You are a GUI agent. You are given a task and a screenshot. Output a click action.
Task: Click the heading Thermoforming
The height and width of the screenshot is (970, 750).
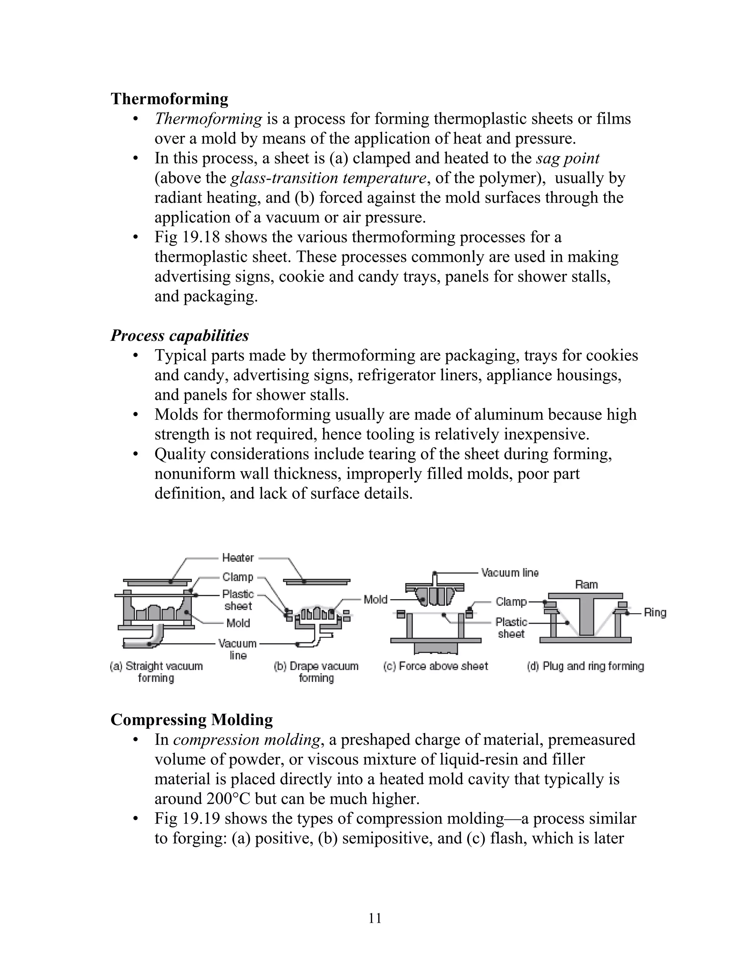click(169, 98)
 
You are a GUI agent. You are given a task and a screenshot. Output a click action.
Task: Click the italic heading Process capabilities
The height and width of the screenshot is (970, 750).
click(179, 335)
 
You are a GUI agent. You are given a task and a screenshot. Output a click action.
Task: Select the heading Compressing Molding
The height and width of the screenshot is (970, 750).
click(192, 720)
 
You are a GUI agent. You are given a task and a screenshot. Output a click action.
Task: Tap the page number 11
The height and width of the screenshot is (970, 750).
click(375, 918)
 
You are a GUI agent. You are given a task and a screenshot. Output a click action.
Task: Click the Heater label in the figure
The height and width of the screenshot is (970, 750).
click(238, 557)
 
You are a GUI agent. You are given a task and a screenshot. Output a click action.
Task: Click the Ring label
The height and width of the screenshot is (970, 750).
click(655, 612)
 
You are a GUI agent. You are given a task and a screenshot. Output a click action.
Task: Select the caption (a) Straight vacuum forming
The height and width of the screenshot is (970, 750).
click(156, 672)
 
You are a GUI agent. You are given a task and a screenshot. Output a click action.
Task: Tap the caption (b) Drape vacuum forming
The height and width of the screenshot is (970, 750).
click(316, 672)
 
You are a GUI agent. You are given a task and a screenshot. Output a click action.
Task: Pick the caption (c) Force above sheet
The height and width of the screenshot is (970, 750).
click(435, 666)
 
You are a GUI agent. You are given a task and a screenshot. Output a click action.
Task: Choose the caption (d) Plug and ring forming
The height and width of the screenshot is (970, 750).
click(585, 666)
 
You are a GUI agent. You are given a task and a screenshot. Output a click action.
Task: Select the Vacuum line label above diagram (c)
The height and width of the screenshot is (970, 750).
click(510, 572)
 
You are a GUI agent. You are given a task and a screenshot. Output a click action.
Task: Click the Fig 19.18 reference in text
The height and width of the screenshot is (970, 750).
click(187, 237)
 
